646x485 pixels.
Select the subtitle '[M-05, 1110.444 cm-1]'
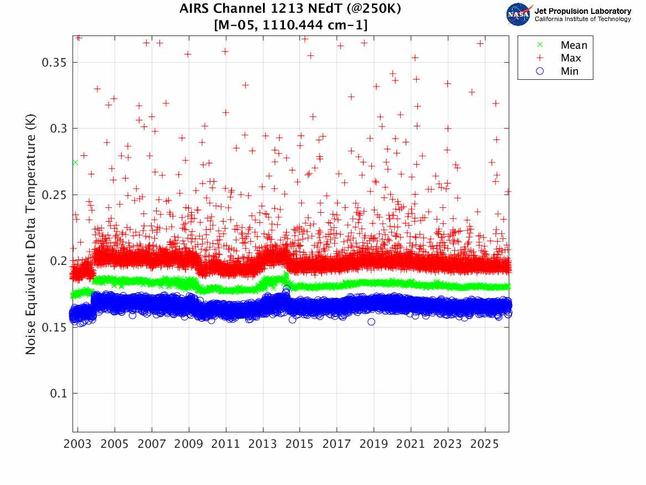click(291, 25)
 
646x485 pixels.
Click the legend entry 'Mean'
click(573, 45)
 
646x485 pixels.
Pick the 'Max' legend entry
click(571, 58)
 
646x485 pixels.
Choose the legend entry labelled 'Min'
click(570, 71)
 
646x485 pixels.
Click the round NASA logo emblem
click(519, 14)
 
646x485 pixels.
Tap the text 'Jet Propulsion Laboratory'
click(583, 11)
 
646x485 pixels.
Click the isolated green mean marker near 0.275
click(75, 162)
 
